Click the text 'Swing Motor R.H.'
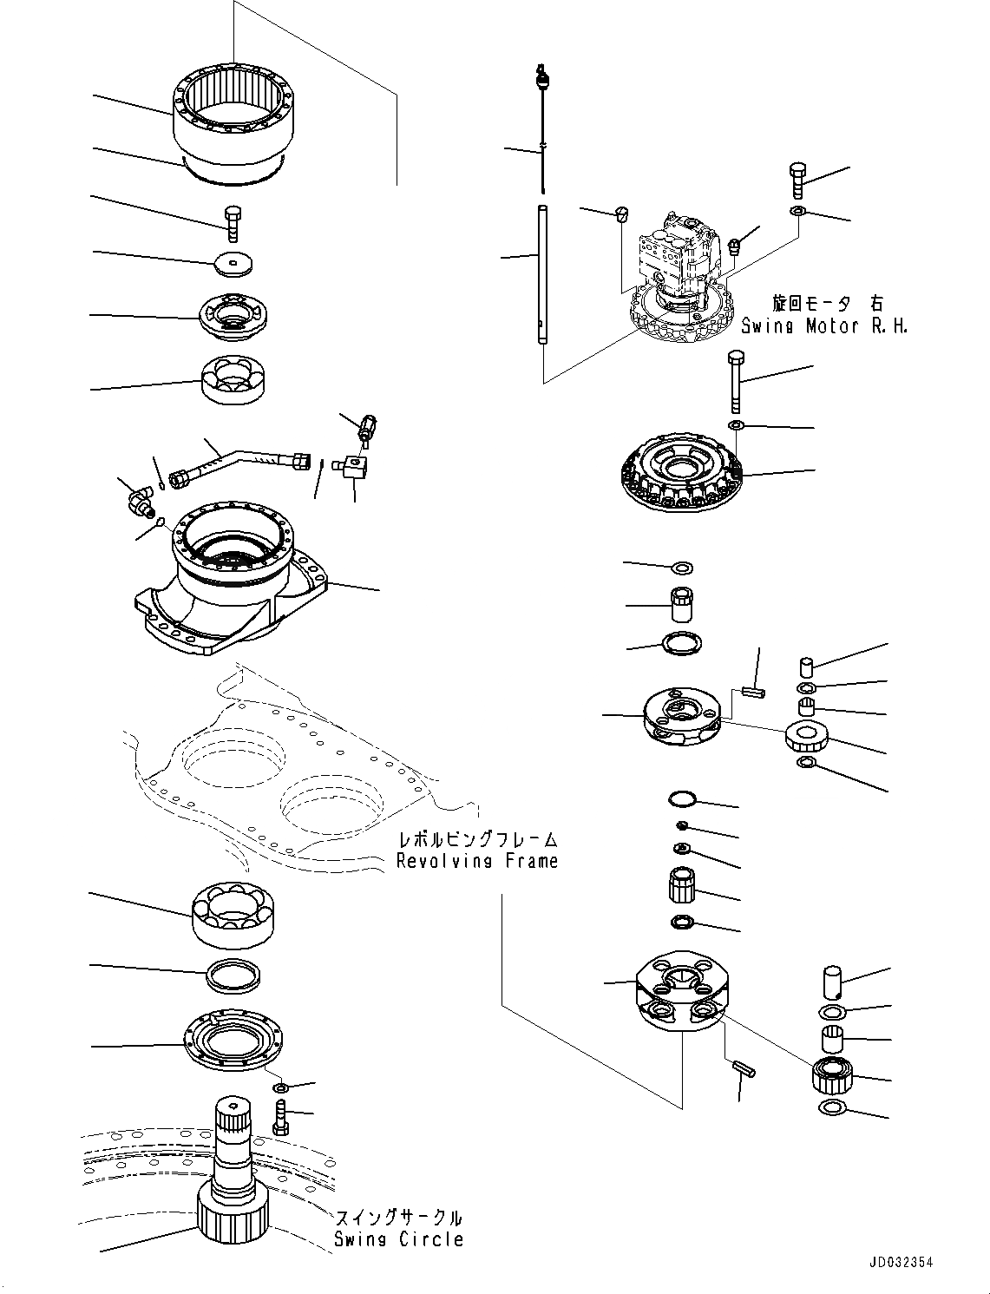824,326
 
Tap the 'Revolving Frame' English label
477,861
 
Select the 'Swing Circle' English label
398,1239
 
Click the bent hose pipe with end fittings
239,462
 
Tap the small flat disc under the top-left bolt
234,263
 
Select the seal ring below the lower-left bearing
234,976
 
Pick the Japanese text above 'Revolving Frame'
477,839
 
